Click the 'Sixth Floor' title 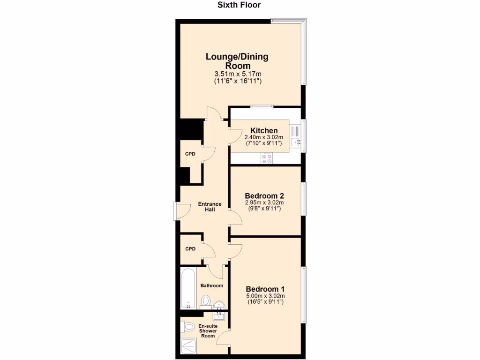[x=239, y=5]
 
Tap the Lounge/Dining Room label [x=237, y=61]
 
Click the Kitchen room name [x=264, y=130]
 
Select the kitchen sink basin [x=295, y=141]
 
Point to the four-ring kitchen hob [x=267, y=159]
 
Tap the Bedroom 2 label [x=265, y=195]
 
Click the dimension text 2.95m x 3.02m [x=265, y=203]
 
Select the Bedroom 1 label [x=265, y=289]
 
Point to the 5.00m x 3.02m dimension [x=265, y=296]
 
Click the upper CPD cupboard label [x=190, y=154]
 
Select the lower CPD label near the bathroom [x=190, y=249]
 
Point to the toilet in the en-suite [x=188, y=326]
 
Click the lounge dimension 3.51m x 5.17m [x=238, y=74]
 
